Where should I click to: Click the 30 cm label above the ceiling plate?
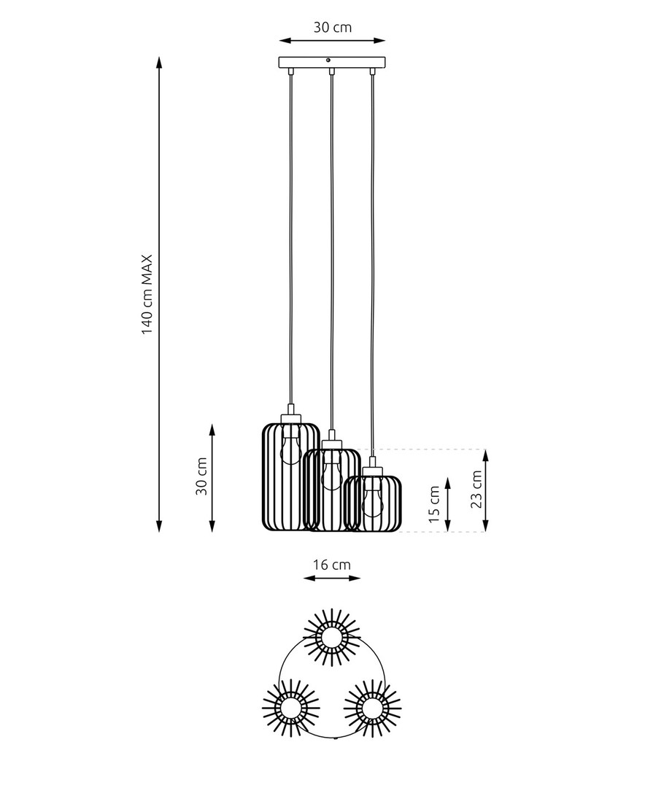(x=332, y=27)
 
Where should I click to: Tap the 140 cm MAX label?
(x=146, y=295)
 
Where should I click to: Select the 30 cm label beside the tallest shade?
(x=201, y=476)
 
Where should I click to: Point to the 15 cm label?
(x=434, y=503)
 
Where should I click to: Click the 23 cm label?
(x=476, y=490)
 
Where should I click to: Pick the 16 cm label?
(x=332, y=565)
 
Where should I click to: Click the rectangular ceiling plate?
(x=332, y=62)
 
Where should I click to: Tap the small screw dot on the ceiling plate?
(x=328, y=61)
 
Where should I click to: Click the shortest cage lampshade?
(x=372, y=503)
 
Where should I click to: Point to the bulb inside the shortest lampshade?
(x=372, y=498)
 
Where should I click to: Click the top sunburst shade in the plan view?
(x=332, y=638)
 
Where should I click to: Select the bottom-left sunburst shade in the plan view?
(x=290, y=708)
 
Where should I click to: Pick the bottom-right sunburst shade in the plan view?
(x=372, y=708)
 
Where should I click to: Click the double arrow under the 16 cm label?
(x=332, y=578)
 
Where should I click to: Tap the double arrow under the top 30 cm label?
(x=332, y=40)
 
